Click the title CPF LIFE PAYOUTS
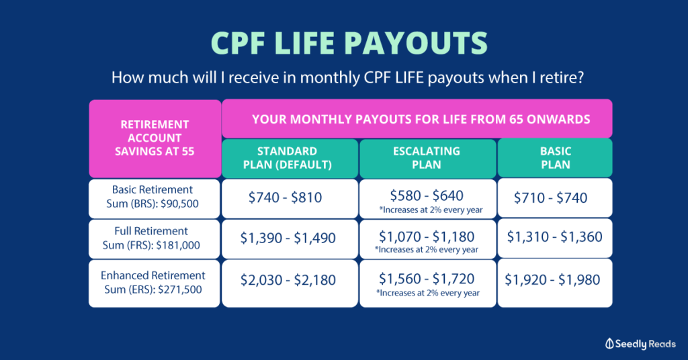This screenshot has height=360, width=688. click(349, 43)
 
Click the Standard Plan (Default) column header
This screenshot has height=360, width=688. click(290, 159)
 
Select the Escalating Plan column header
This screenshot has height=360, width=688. click(427, 159)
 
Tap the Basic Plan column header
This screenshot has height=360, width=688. click(555, 159)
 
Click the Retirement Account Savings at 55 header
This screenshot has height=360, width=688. click(155, 138)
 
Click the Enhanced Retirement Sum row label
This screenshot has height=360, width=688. click(154, 283)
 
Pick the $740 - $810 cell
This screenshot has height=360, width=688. click(290, 199)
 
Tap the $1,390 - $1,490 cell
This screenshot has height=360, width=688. click(290, 239)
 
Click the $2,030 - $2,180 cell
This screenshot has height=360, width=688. click(290, 283)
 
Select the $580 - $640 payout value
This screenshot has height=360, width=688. click(427, 195)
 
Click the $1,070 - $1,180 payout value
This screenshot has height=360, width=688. click(427, 237)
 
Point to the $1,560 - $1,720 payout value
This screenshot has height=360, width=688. click(427, 279)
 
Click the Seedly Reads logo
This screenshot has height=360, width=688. click(640, 344)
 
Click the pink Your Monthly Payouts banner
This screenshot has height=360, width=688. click(417, 119)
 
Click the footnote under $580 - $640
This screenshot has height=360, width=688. click(431, 210)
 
